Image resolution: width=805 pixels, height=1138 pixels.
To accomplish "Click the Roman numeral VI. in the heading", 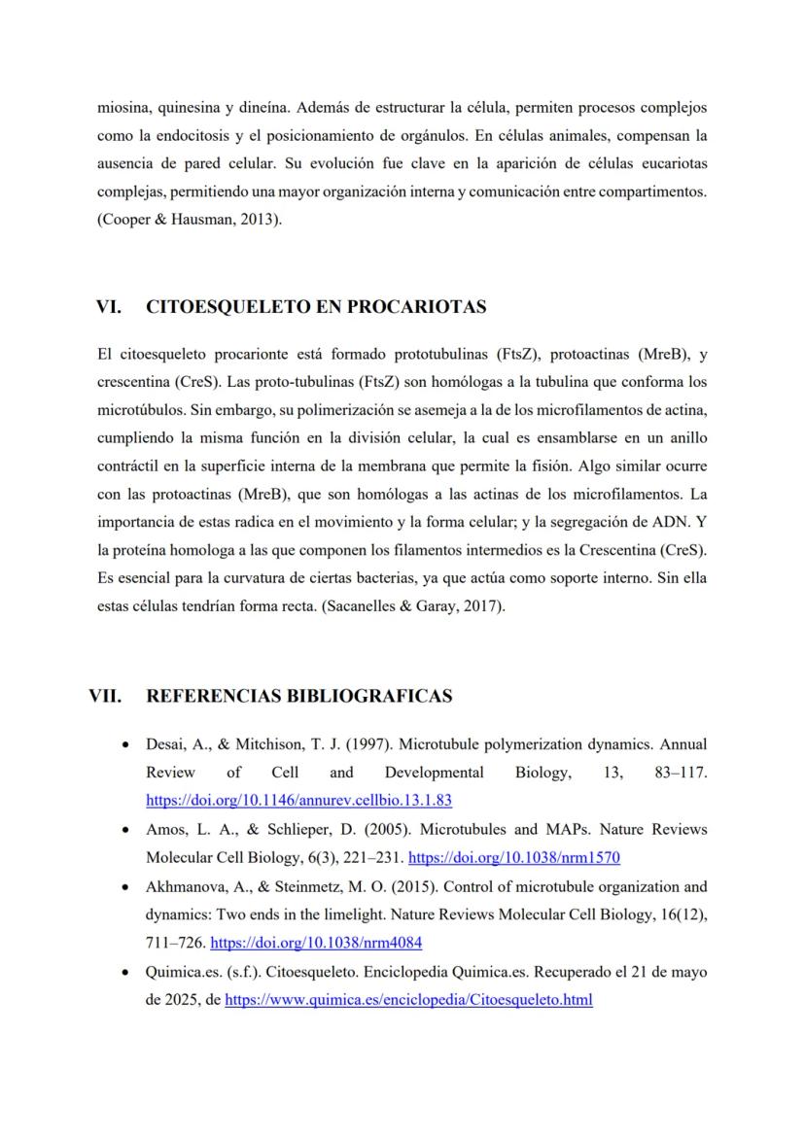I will (x=108, y=307).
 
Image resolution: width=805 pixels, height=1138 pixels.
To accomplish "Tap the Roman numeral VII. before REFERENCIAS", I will (x=105, y=696).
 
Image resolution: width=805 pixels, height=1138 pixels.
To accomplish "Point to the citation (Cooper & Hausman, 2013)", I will (x=190, y=220).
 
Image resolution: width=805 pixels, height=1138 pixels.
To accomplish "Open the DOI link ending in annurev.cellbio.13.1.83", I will (x=299, y=801).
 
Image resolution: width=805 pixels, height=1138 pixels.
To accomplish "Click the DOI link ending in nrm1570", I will (x=514, y=858).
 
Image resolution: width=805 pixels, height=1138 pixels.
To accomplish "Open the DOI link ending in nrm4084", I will (x=316, y=943).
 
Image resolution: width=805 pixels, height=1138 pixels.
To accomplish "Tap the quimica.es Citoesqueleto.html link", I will (x=408, y=999).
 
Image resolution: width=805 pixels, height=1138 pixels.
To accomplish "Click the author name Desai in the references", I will (x=164, y=744).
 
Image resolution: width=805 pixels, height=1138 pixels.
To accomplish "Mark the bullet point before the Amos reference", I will (x=125, y=831).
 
